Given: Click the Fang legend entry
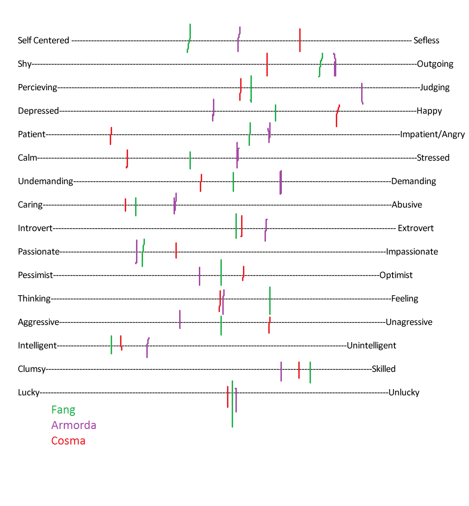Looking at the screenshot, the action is pyautogui.click(x=63, y=410).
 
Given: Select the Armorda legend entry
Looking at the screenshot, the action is pyautogui.click(x=74, y=425).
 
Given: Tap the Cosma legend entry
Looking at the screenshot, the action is pyautogui.click(x=68, y=440).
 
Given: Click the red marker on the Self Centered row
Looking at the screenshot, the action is pyautogui.click(x=300, y=40).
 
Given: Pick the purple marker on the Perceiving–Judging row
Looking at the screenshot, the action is pyautogui.click(x=362, y=93).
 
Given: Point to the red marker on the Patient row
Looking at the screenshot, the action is pyautogui.click(x=111, y=136).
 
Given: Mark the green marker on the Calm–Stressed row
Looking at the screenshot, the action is pyautogui.click(x=190, y=160).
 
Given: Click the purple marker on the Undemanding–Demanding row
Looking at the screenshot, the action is pyautogui.click(x=281, y=182).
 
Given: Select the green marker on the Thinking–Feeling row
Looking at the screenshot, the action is pyautogui.click(x=270, y=300).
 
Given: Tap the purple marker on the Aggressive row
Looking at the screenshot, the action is pyautogui.click(x=180, y=320).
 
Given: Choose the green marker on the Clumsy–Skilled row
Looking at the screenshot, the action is pyautogui.click(x=310, y=372).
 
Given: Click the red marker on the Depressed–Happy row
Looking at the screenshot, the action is pyautogui.click(x=337, y=115).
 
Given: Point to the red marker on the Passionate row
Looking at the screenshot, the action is pyautogui.click(x=176, y=251).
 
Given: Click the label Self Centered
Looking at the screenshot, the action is pyautogui.click(x=44, y=40).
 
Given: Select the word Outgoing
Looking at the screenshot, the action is pyautogui.click(x=435, y=64).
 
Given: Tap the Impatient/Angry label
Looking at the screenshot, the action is pyautogui.click(x=432, y=134).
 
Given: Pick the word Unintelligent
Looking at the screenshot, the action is pyautogui.click(x=371, y=345).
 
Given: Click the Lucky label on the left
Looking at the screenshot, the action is pyautogui.click(x=29, y=393).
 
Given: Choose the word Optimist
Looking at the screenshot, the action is pyautogui.click(x=396, y=275).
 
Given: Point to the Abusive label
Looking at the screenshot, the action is pyautogui.click(x=407, y=205).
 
